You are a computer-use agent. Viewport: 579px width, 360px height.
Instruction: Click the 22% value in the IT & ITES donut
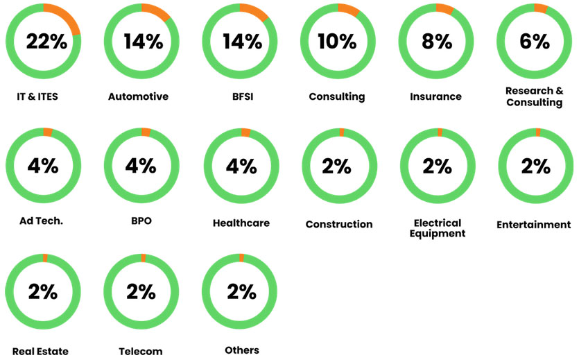(x=46, y=42)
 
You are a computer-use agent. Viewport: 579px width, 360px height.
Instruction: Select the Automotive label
(x=138, y=96)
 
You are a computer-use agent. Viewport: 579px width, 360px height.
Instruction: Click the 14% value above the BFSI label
(x=242, y=42)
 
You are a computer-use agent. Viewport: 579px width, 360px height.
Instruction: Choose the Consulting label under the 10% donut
(x=337, y=96)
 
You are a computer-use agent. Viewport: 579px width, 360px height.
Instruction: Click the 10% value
(x=337, y=42)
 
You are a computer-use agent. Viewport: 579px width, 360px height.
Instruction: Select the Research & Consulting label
(x=534, y=96)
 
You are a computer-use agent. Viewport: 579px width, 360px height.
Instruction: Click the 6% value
(x=534, y=42)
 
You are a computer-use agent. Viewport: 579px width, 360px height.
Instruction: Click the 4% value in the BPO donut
(x=141, y=166)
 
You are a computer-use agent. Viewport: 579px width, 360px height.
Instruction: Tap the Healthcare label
(x=241, y=223)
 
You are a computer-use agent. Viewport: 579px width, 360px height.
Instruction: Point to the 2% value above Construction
(x=338, y=166)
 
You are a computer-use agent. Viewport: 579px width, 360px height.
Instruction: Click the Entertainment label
(x=534, y=224)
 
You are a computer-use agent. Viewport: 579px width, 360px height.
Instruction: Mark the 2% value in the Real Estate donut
(x=43, y=292)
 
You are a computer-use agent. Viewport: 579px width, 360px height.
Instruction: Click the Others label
(x=242, y=350)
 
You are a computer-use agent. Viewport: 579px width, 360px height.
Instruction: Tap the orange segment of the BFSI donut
(x=254, y=11)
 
